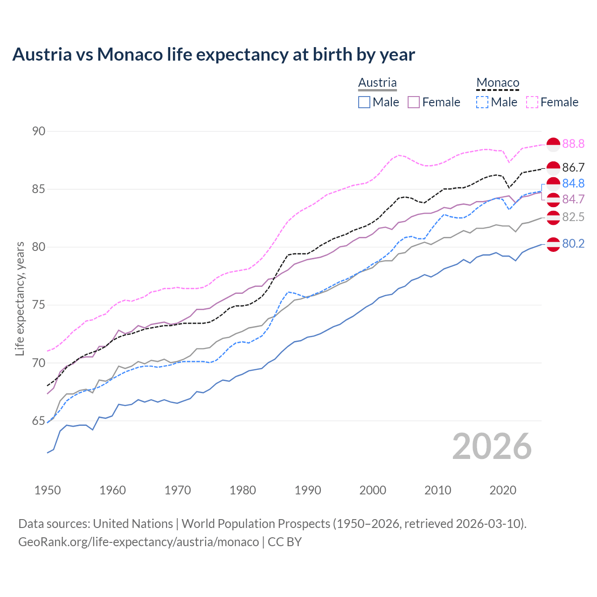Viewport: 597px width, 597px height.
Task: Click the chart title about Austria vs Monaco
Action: pos(214,55)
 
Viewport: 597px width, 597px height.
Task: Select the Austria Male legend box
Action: pos(364,102)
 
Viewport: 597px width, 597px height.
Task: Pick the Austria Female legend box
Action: pos(414,102)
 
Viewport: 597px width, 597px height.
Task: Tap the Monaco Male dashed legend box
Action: pos(482,102)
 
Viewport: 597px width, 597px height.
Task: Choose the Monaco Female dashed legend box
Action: pos(532,102)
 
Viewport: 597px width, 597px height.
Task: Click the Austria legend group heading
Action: pos(377,83)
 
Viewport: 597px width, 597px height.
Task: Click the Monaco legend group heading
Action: pos(498,83)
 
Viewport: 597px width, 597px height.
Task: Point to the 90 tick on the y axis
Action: pos(39,131)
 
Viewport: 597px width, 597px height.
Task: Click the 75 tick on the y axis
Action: pos(39,305)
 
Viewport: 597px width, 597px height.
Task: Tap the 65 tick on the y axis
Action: pos(39,421)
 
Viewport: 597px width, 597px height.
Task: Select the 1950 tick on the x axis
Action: pos(48,490)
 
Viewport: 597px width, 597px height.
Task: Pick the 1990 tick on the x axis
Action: pos(308,490)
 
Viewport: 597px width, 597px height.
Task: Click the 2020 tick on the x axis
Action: pos(503,490)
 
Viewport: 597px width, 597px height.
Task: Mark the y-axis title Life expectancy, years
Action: pos(20,298)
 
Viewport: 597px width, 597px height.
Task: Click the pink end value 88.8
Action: pos(573,144)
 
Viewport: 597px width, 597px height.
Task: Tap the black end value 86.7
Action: pos(573,167)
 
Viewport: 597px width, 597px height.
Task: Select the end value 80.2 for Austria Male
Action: pos(573,244)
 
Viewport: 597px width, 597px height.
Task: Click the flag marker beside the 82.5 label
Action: pos(553,217)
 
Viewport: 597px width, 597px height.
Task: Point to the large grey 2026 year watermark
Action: pos(492,446)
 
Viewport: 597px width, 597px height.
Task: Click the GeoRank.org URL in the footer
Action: pos(139,542)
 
